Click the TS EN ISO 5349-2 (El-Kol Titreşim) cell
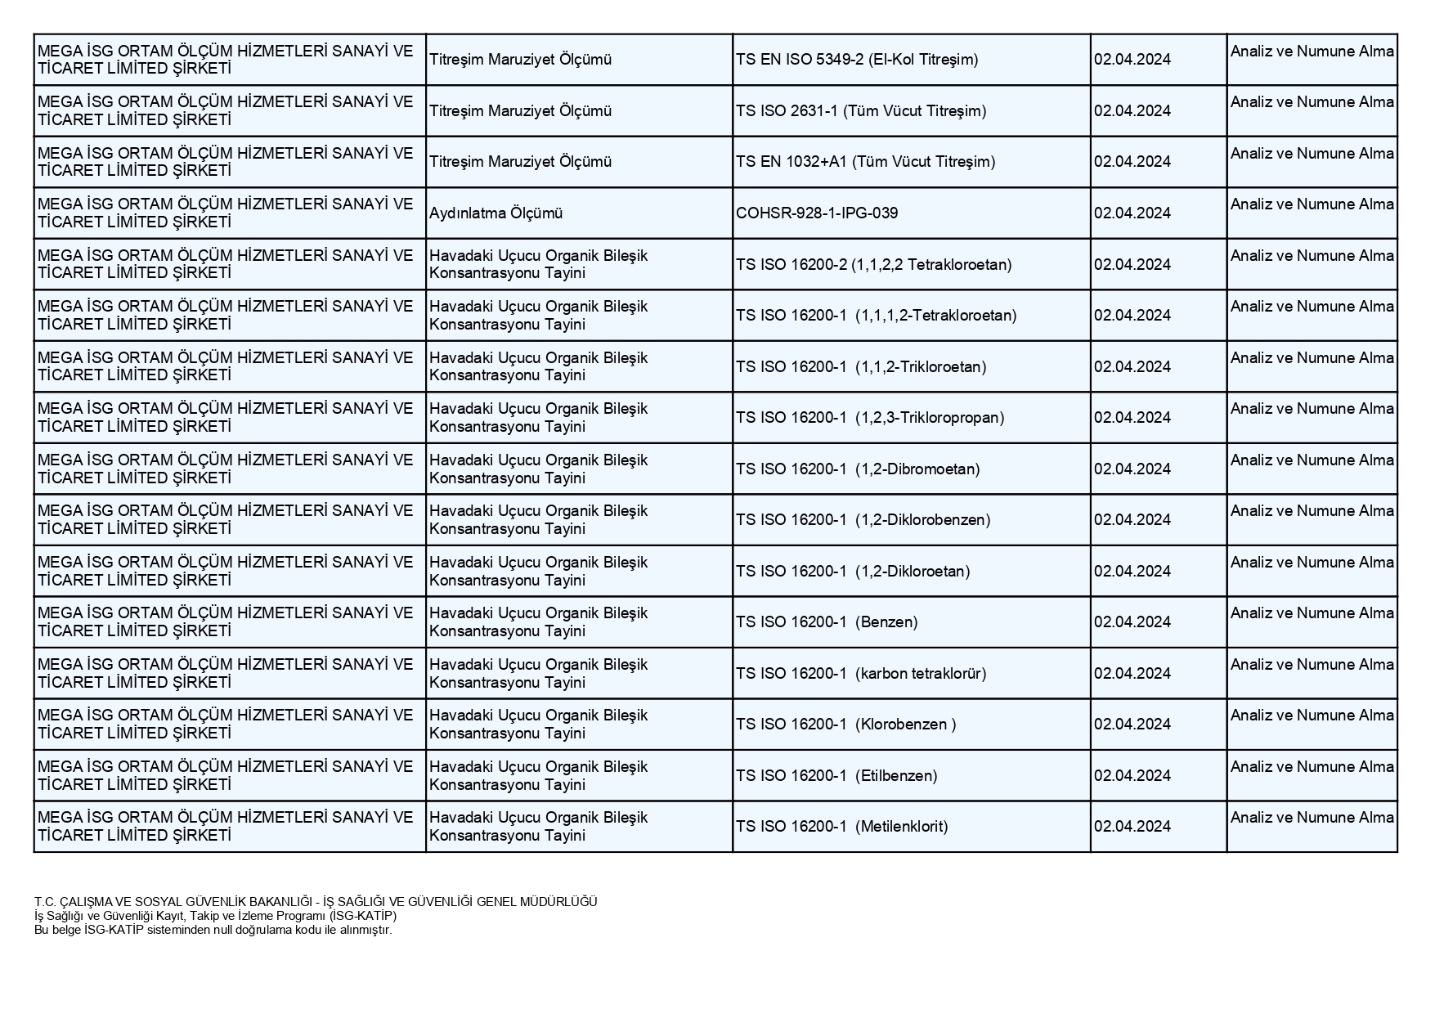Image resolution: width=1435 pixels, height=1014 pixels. (x=857, y=60)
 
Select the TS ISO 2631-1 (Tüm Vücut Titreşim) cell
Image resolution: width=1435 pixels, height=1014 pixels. (x=861, y=111)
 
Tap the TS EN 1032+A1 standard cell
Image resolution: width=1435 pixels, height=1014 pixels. (x=865, y=162)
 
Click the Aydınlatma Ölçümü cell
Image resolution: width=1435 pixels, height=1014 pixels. (x=496, y=213)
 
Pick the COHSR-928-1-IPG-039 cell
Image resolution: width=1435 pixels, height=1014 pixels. (x=817, y=213)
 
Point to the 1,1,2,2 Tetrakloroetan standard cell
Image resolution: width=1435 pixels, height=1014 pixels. (x=873, y=264)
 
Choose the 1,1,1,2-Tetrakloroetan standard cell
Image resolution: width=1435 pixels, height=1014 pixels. (x=876, y=316)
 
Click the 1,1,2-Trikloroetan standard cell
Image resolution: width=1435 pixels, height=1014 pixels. (x=861, y=367)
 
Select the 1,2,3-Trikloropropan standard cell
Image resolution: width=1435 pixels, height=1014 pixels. (x=870, y=418)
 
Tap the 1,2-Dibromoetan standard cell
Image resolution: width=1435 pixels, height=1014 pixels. (x=858, y=469)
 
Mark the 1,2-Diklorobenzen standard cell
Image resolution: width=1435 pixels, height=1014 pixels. (x=863, y=520)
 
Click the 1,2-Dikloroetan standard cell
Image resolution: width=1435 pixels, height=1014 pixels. (x=853, y=572)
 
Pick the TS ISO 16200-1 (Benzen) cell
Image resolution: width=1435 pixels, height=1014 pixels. (x=827, y=622)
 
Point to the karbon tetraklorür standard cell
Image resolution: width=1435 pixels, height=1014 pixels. (x=861, y=674)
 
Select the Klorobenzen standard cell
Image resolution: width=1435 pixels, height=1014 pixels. (x=845, y=725)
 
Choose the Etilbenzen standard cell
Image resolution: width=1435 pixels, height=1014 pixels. (x=836, y=776)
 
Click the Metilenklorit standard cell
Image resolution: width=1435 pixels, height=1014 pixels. (x=841, y=827)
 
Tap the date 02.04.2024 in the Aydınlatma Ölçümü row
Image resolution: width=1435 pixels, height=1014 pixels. (x=1132, y=213)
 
